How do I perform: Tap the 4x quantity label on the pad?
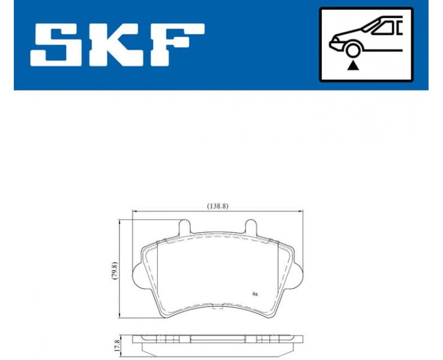(x=255, y=294)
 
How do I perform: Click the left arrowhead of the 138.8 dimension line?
(x=134, y=211)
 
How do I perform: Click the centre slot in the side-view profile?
(x=218, y=340)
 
